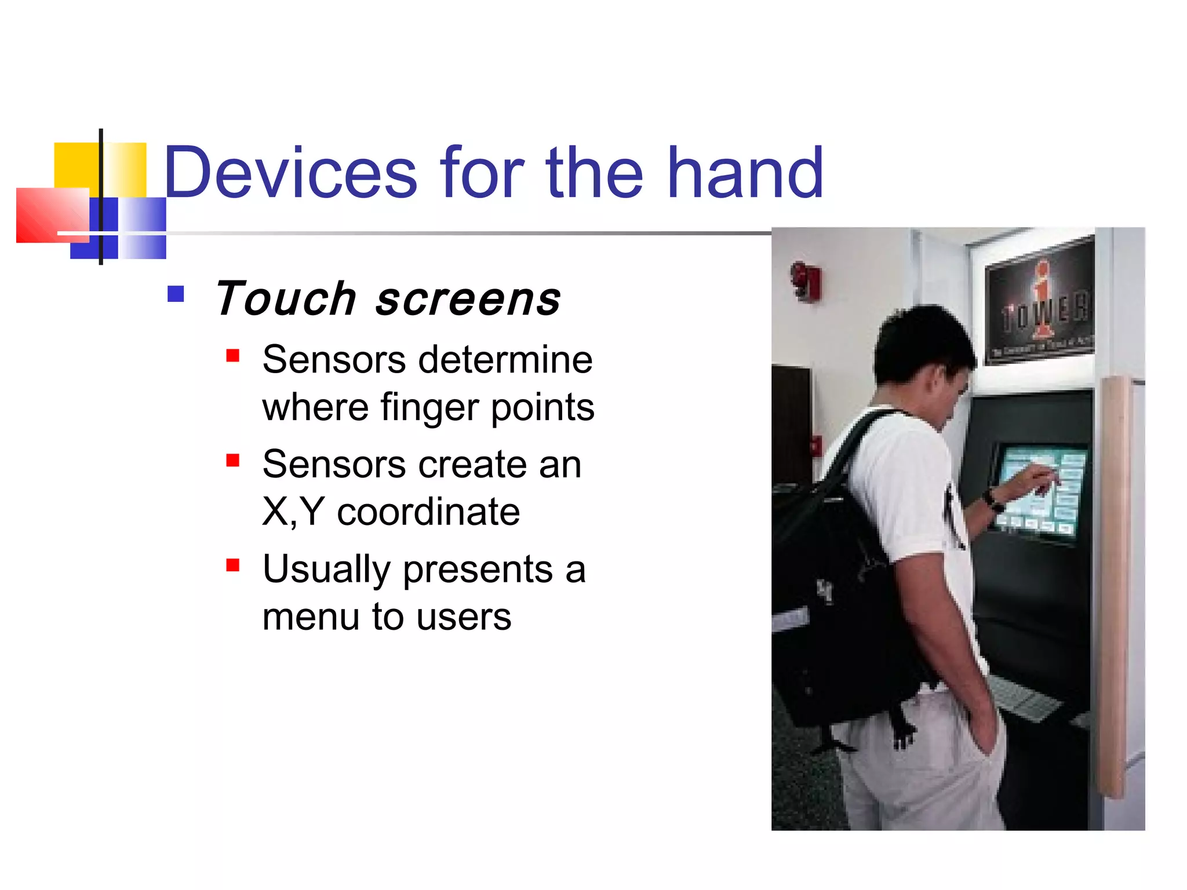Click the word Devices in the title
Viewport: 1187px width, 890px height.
[x=290, y=173]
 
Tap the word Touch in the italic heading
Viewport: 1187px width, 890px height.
[x=285, y=299]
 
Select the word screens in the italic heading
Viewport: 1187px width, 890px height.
[x=468, y=300]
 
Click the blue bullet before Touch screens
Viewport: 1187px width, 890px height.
[x=175, y=294]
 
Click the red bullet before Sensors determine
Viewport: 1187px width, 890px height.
[x=233, y=355]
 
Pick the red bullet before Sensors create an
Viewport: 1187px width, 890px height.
[x=233, y=460]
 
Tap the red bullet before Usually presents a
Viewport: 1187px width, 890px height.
[x=233, y=565]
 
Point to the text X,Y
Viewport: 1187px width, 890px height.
[x=293, y=512]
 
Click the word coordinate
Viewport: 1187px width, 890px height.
[x=428, y=512]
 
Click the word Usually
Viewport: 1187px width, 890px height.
[x=326, y=570]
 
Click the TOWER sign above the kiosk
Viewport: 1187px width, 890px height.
[x=1040, y=301]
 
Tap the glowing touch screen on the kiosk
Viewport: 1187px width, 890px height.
[x=1040, y=490]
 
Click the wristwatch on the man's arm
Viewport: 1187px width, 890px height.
[x=992, y=499]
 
